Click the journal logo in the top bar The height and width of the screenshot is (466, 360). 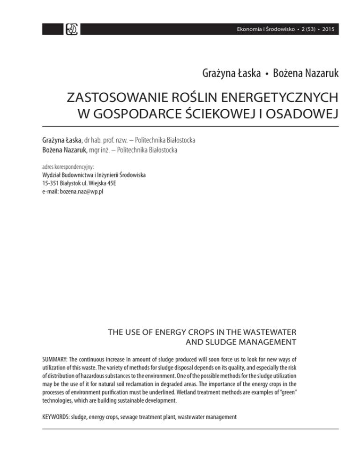pos(73,29)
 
